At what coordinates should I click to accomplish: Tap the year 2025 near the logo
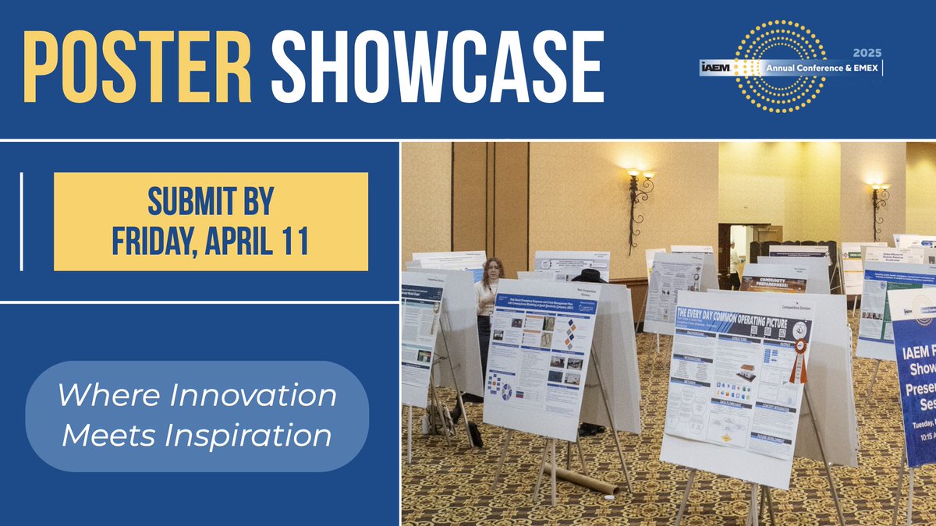coord(867,53)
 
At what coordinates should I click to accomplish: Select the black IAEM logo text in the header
coord(716,69)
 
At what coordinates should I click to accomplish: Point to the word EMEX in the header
coord(864,69)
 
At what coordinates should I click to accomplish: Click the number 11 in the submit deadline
coord(292,241)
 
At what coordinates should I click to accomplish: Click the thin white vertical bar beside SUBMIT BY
coord(21,222)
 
